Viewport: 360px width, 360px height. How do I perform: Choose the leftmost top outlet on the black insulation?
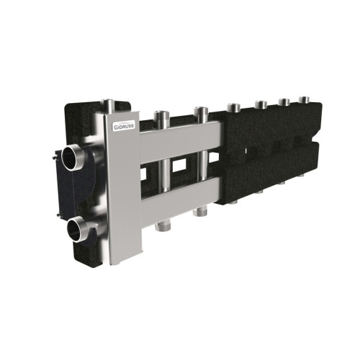pyautogui.click(x=233, y=109)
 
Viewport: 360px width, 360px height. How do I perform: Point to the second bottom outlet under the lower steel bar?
pyautogui.click(x=203, y=211)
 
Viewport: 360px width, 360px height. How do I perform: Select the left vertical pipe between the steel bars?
pyautogui.click(x=163, y=173)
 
